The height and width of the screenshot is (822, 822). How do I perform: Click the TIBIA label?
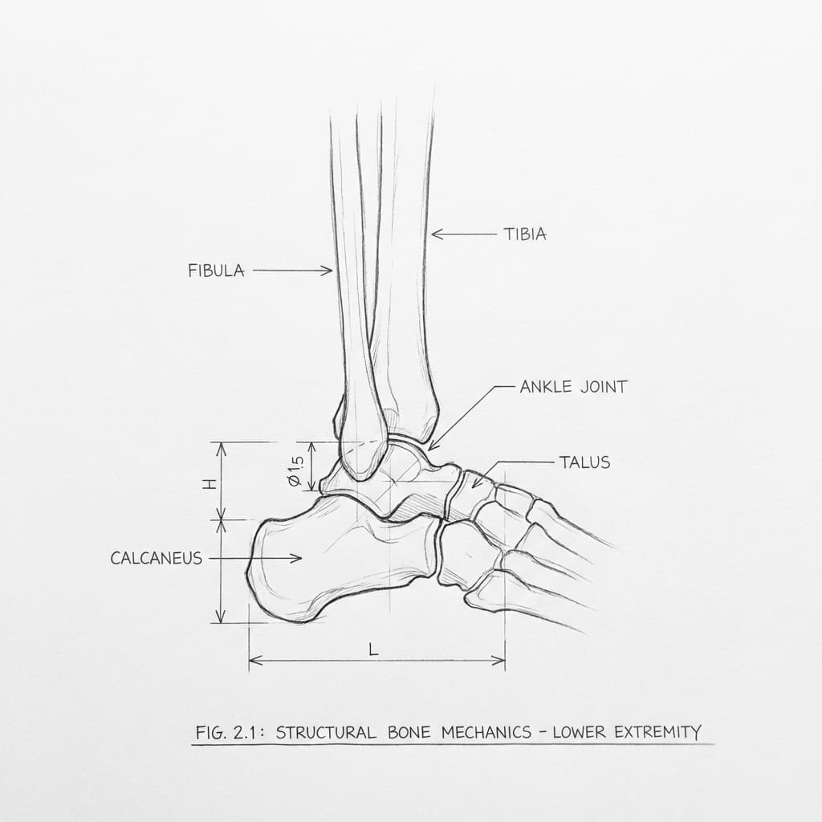(x=525, y=234)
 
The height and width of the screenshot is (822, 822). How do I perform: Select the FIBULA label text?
(x=216, y=271)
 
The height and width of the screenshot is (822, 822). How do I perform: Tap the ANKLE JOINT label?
(x=573, y=387)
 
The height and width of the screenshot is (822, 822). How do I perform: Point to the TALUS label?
(x=584, y=462)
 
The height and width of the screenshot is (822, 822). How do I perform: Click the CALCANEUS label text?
(x=157, y=559)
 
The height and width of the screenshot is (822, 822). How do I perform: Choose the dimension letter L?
(x=373, y=650)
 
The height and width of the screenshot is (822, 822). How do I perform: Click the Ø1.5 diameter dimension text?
(x=295, y=470)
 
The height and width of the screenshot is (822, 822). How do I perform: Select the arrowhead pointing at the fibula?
(x=328, y=271)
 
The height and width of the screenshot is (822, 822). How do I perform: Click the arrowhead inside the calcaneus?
(x=296, y=559)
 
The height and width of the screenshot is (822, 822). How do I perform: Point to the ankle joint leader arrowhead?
(x=432, y=446)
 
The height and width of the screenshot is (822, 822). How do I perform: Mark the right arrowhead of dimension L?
(x=498, y=661)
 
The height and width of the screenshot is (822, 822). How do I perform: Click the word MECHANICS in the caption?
(x=486, y=732)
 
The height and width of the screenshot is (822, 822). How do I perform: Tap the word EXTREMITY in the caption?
(x=657, y=731)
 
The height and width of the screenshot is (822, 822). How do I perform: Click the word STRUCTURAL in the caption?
(x=326, y=732)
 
